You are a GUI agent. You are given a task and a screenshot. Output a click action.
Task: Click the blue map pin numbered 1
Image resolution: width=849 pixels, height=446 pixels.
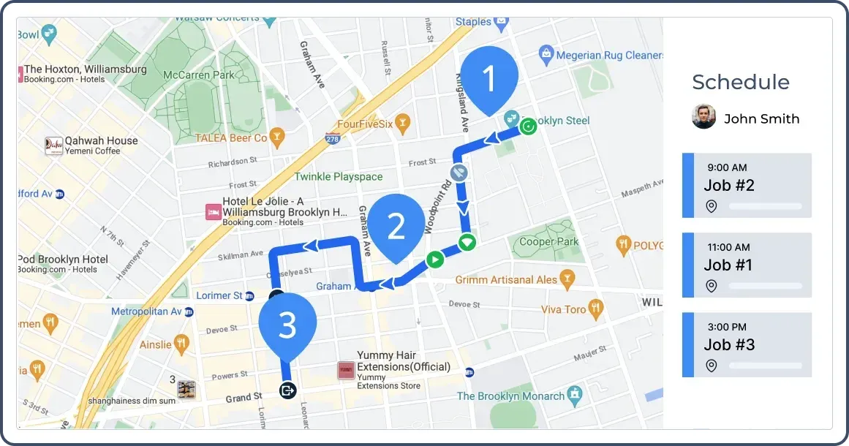point(489,77)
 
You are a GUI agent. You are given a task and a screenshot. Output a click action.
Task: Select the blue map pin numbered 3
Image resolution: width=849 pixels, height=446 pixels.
point(287,325)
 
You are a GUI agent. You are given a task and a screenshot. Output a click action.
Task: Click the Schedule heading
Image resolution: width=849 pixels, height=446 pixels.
point(740,82)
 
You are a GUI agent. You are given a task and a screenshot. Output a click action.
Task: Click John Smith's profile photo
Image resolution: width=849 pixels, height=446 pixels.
point(703,118)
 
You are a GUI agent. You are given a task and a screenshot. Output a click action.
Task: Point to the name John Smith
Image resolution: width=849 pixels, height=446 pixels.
point(761,119)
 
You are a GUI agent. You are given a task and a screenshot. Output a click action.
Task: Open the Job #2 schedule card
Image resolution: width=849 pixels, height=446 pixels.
point(747,186)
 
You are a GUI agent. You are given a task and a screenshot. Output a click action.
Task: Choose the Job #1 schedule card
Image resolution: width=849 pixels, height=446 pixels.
point(747,265)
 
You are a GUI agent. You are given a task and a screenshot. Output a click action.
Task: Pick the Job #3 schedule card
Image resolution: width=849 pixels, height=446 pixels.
point(747,344)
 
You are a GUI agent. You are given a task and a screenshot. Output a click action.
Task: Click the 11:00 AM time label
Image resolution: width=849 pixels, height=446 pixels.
point(728,247)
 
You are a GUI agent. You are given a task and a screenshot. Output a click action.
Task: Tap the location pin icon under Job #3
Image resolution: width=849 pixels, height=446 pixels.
point(711,366)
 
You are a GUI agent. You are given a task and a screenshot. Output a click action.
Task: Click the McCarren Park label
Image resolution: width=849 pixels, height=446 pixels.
point(198,75)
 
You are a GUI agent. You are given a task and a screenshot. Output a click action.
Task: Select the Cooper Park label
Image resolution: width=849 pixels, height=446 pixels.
point(548,241)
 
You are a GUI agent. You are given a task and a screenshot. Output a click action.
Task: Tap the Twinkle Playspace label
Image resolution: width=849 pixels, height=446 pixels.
point(338,176)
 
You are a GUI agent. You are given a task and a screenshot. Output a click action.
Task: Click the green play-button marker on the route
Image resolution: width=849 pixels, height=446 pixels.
point(434,258)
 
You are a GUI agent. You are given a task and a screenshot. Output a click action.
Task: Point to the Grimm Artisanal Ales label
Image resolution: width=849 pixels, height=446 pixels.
point(506,279)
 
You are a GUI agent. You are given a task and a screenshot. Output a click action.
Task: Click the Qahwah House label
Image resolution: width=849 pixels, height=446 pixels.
point(101,140)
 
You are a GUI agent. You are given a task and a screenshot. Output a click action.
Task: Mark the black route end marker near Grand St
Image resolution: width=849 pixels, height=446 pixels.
point(287,390)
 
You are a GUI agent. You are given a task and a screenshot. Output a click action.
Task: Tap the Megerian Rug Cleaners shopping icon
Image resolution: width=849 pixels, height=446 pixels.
point(545,53)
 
